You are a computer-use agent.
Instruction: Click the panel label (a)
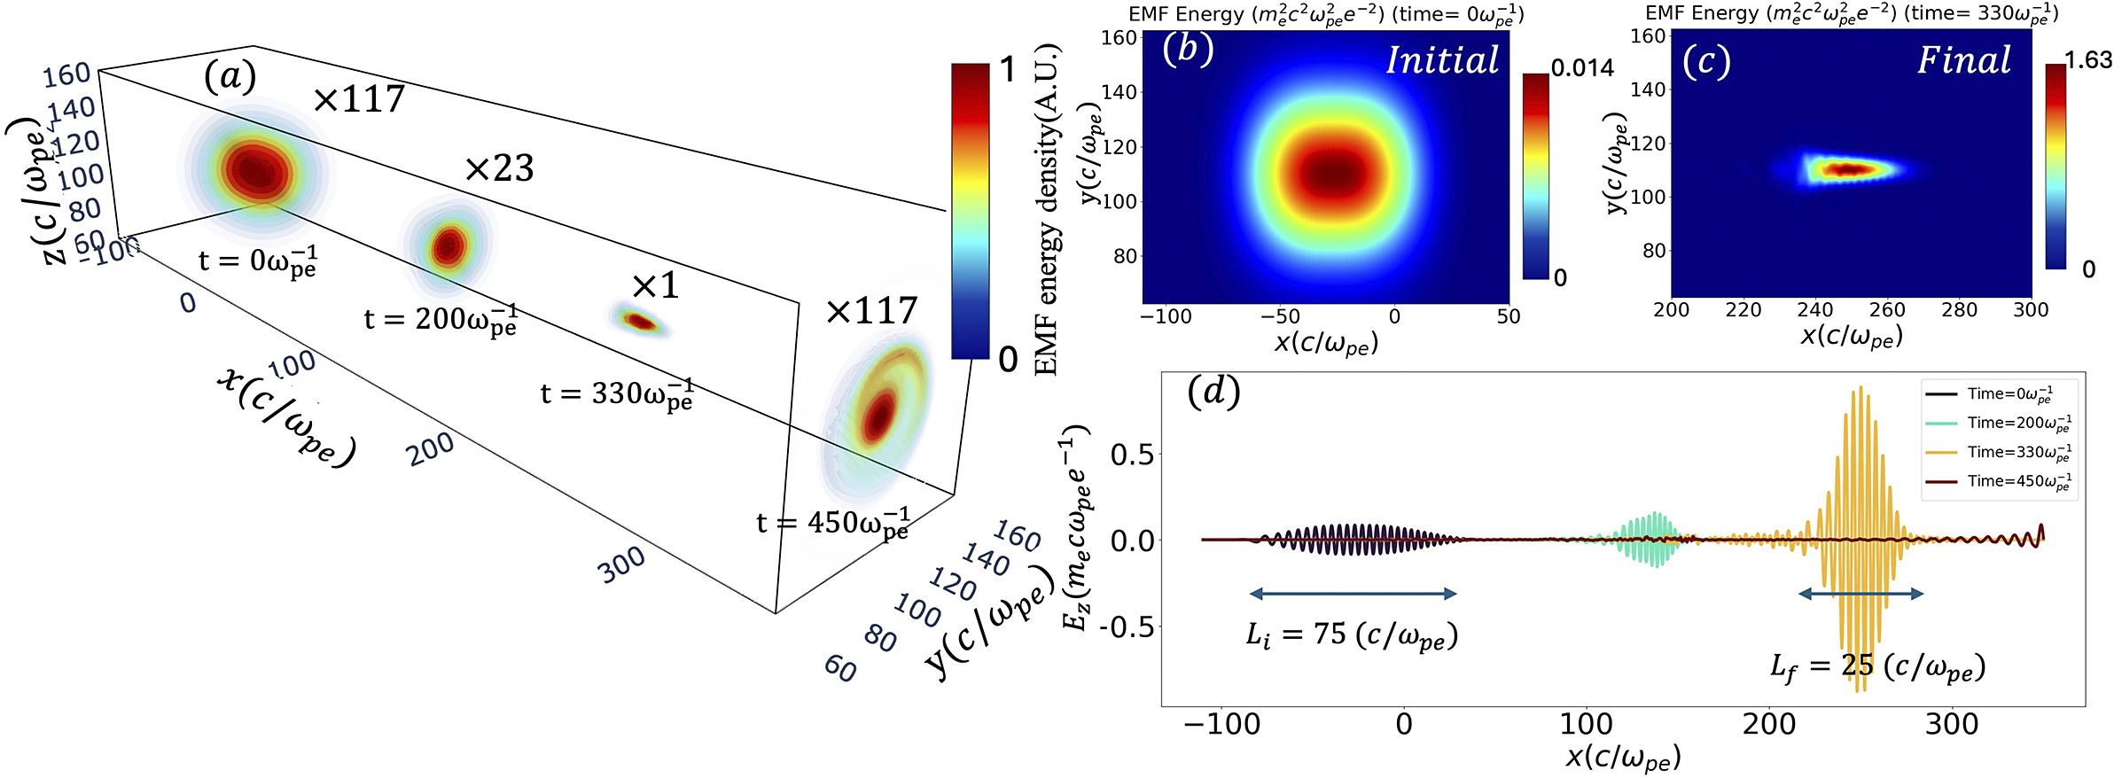tap(230, 76)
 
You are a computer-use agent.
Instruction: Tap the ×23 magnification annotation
tap(499, 168)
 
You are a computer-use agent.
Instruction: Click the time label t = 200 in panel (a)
tap(441, 319)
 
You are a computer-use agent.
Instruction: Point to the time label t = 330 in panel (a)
tap(617, 393)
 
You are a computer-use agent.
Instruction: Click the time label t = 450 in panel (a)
tap(832, 522)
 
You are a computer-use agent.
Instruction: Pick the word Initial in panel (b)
tap(1442, 60)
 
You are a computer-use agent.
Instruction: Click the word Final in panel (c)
tap(1964, 60)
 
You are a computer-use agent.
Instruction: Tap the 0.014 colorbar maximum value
tap(1582, 68)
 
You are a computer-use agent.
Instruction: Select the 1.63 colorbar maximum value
tap(2088, 60)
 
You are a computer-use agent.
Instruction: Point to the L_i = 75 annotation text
tap(1352, 635)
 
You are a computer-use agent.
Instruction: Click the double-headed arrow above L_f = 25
tap(1860, 594)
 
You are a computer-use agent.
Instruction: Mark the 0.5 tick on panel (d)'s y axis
tap(1132, 455)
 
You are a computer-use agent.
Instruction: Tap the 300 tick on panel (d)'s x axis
tap(1951, 724)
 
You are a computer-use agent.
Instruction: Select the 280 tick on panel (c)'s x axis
tap(1959, 310)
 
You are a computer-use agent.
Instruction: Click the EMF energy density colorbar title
tap(1048, 209)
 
